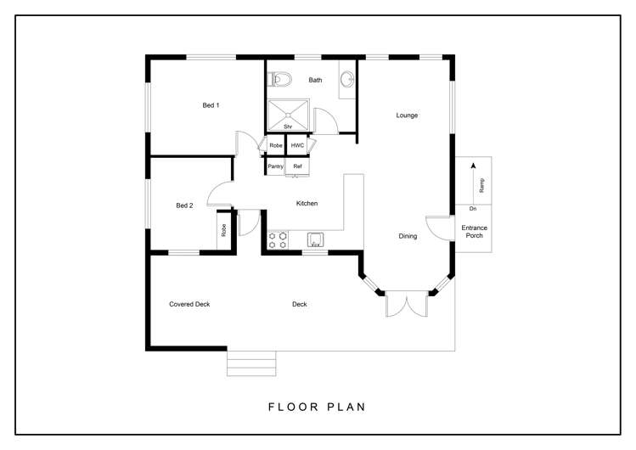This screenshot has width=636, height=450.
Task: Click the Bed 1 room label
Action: click(211, 105)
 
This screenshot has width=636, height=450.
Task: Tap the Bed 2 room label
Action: click(184, 205)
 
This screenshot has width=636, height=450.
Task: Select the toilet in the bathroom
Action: click(281, 81)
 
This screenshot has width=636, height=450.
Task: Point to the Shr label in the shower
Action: click(288, 127)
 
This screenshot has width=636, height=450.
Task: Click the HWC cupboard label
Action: click(297, 146)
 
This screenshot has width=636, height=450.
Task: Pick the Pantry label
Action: click(275, 166)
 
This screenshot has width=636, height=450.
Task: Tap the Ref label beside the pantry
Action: click(297, 166)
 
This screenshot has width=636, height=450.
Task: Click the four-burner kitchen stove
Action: click(278, 239)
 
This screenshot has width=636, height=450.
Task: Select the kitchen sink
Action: click(315, 239)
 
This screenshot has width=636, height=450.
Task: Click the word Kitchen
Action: click(307, 204)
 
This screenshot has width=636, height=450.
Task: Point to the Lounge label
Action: click(407, 115)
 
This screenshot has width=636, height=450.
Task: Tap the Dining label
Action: click(408, 236)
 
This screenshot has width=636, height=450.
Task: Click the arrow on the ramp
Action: click(473, 170)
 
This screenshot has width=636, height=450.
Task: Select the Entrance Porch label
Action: click(474, 231)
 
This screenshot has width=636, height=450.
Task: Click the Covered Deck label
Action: click(189, 304)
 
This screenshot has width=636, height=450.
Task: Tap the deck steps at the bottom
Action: click(251, 363)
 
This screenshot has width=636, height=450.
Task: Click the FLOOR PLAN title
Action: click(317, 407)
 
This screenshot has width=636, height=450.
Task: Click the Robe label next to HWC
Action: click(275, 146)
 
